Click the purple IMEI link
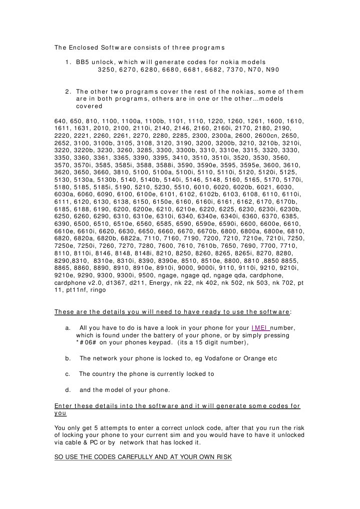260,328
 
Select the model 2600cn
276,135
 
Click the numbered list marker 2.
68,92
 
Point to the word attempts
110,428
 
